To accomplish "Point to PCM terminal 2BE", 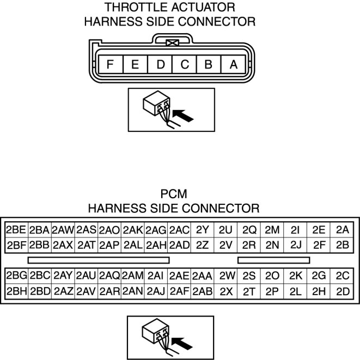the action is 15,230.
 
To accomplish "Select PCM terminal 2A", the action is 343,230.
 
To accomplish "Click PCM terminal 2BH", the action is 15,291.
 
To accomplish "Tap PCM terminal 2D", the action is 343,291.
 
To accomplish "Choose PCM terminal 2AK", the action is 133,230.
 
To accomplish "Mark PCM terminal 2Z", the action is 203,245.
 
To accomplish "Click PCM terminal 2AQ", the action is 109,276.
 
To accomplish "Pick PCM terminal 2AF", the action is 179,291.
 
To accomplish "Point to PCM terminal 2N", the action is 272,245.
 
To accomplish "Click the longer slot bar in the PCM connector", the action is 99,260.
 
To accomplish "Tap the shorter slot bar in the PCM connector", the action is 273,260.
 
